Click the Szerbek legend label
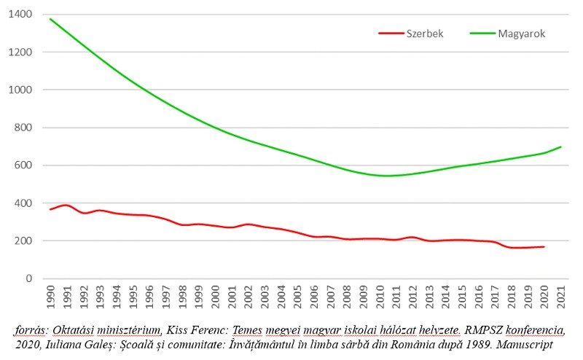(x=425, y=34)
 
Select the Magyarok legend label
(x=522, y=34)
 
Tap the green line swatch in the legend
(x=482, y=34)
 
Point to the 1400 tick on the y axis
(x=21, y=15)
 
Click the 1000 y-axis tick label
(x=21, y=90)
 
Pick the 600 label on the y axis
(x=24, y=165)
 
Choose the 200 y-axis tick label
(x=24, y=241)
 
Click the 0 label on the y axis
(x=29, y=278)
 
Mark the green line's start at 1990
(x=51, y=19)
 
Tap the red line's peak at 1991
(x=67, y=205)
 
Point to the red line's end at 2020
(x=544, y=246)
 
